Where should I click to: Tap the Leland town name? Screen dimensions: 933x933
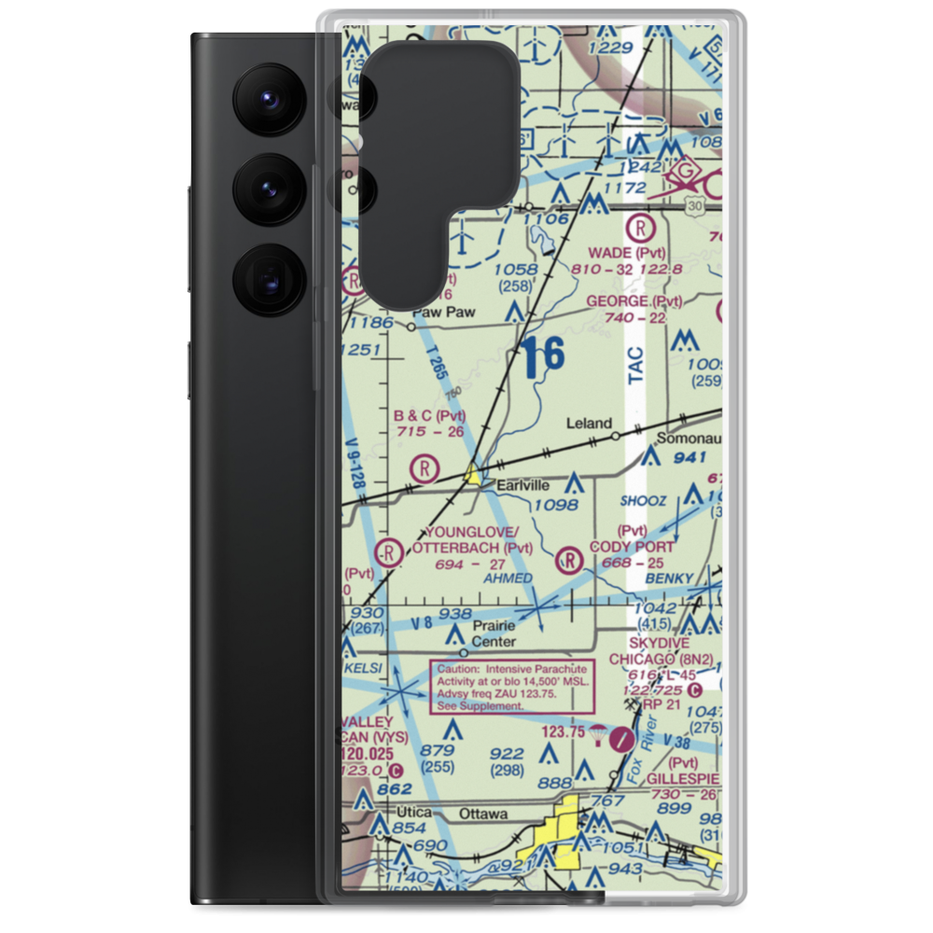click(x=590, y=423)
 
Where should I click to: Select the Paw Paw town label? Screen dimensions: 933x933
click(x=444, y=313)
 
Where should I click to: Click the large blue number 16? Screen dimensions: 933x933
click(x=543, y=357)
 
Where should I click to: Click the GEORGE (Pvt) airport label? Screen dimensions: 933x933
click(x=634, y=301)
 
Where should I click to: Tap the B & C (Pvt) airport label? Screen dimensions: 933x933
click(x=429, y=415)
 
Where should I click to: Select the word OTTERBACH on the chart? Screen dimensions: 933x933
click(x=457, y=548)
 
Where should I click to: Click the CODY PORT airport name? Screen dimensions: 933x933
click(x=632, y=547)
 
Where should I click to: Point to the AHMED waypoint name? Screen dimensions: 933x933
click(x=508, y=578)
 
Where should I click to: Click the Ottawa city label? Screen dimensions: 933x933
click(x=482, y=814)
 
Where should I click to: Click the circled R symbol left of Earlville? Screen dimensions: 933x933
click(x=425, y=467)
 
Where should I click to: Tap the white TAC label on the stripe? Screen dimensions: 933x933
click(x=635, y=366)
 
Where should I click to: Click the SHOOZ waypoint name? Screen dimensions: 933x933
click(x=644, y=501)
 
